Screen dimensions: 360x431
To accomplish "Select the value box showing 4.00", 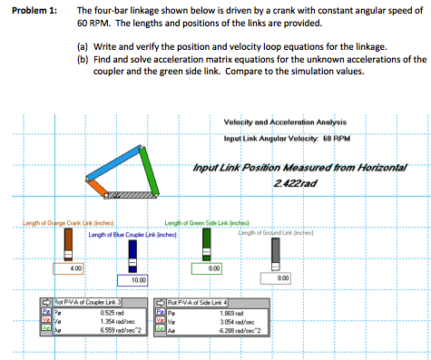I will point(77,269).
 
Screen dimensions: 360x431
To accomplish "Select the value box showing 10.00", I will point(133,283).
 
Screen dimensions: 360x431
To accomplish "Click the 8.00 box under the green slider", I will point(211,269).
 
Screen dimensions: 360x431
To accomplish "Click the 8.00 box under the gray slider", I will point(282,279).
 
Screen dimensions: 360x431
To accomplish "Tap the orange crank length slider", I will point(67,245).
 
